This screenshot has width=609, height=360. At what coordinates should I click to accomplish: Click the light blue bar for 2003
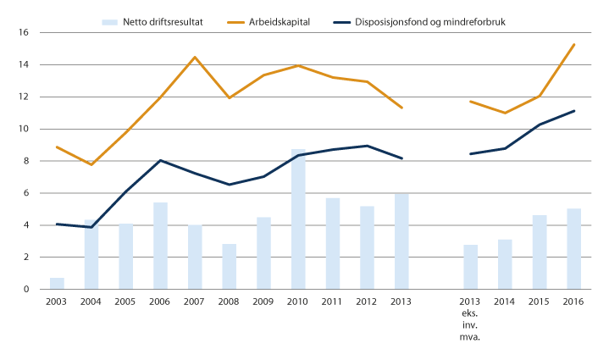[x=57, y=284]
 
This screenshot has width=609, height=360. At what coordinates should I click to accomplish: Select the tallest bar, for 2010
[x=298, y=219]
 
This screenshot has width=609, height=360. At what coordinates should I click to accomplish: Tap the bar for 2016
[x=573, y=249]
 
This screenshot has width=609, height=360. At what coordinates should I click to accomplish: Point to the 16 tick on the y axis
[x=24, y=33]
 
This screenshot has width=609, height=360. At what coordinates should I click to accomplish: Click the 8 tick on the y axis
[x=25, y=161]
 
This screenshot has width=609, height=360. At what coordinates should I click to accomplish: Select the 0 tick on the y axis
[x=25, y=290]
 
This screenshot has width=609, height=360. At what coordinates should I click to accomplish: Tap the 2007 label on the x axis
[x=194, y=302]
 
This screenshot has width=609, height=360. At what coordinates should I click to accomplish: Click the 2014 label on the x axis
[x=505, y=302]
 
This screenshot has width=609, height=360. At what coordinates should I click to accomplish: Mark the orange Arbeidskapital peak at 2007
[x=195, y=58]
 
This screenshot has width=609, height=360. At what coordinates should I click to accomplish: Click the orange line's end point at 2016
[x=573, y=44]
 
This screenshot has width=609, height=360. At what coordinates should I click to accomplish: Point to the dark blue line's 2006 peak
[x=160, y=160]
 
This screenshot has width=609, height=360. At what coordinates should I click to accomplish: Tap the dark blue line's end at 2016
[x=573, y=111]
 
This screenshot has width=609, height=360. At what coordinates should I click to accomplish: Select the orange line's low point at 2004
[x=91, y=164]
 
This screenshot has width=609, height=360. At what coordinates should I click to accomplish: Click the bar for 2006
[x=160, y=246]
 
